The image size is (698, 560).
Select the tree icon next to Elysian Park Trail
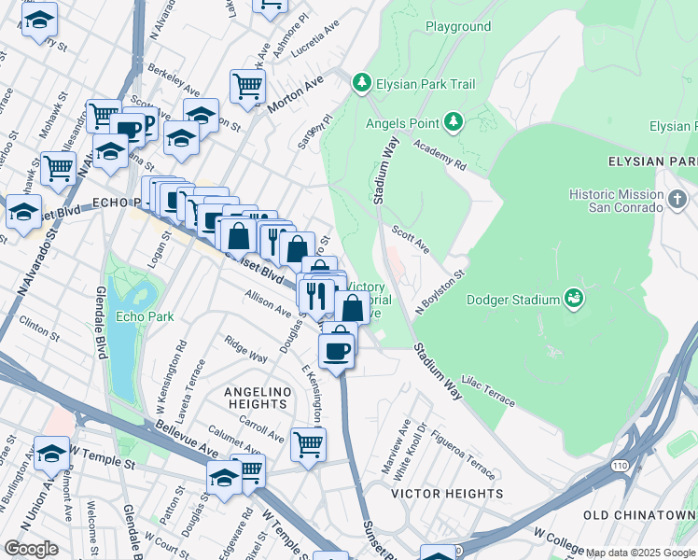coord(362,84)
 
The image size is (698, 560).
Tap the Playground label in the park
coord(458,27)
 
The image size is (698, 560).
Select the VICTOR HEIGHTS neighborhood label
coord(434,493)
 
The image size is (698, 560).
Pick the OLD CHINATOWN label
coord(639,515)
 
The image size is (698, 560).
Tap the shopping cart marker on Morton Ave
coord(247,87)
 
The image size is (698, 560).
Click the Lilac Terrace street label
coord(489,394)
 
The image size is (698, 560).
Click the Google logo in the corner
coord(31,549)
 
